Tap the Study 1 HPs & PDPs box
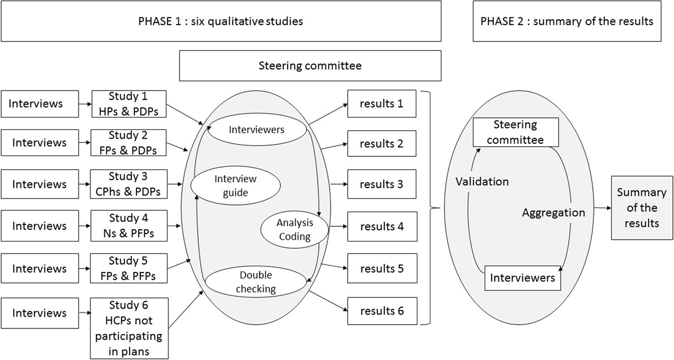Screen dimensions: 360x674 point(129,103)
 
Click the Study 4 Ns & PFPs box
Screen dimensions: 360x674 point(129,226)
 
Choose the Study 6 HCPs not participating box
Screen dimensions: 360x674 point(129,329)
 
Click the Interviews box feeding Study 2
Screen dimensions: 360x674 point(39,143)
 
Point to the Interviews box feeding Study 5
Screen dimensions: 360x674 point(39,268)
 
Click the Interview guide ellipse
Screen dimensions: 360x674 point(235,185)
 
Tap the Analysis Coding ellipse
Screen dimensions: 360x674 point(295,229)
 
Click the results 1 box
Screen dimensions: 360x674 point(382,103)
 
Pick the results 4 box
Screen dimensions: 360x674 point(382,227)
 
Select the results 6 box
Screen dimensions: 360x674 point(382,310)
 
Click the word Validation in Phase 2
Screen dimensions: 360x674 point(482,181)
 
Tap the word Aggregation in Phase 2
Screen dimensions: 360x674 point(553,213)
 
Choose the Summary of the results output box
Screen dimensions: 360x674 point(641,207)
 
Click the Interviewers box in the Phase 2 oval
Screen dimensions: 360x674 point(522,278)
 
